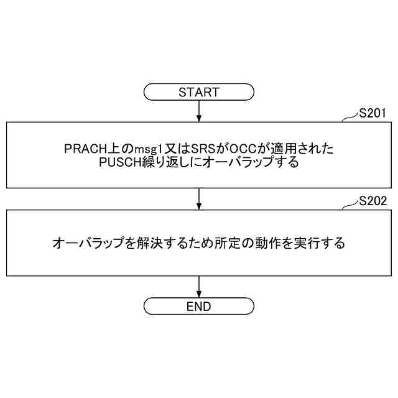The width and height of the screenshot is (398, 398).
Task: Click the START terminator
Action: point(199,93)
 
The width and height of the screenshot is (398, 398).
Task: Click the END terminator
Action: point(199,307)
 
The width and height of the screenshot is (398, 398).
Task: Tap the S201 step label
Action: point(373,113)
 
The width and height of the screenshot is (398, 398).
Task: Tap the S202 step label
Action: point(373,201)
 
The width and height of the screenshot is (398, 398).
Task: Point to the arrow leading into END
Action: point(199,287)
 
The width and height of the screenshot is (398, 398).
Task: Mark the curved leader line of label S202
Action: point(351,205)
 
